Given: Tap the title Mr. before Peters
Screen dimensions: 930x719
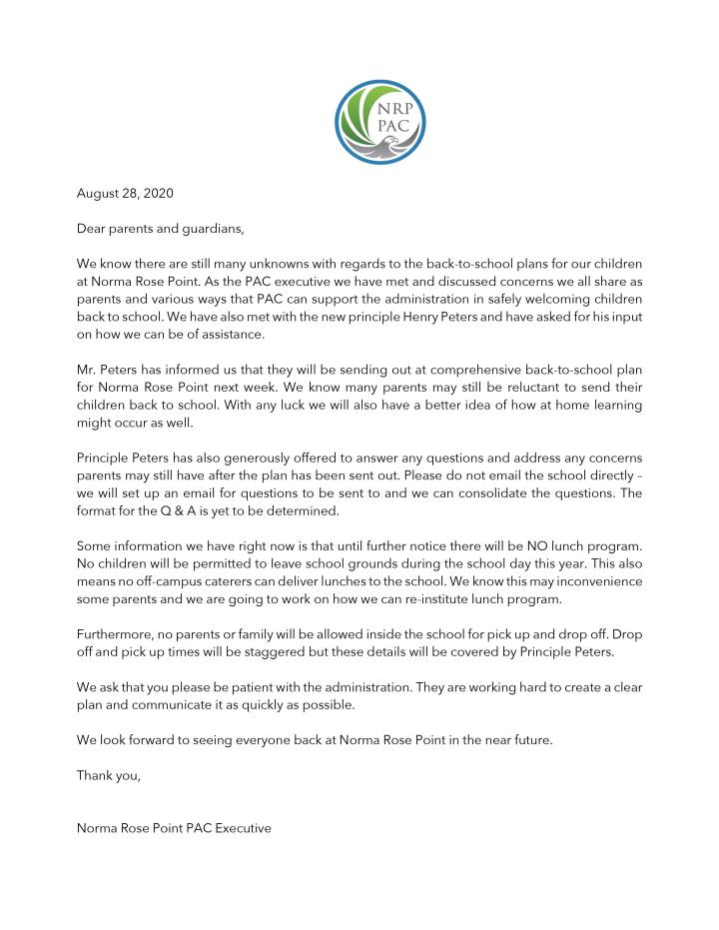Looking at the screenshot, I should click(87, 368).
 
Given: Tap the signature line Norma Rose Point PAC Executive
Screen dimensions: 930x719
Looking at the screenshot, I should click(174, 828).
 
